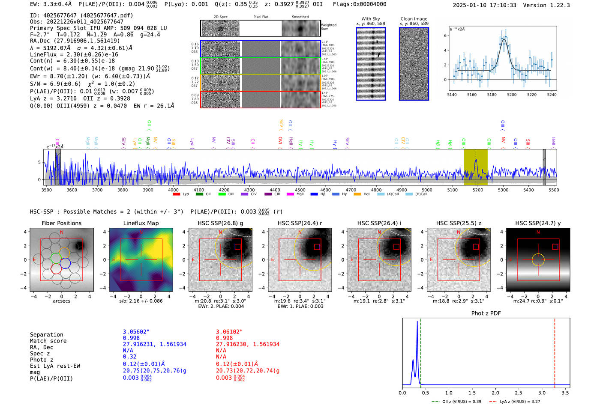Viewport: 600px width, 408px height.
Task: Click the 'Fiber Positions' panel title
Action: click(x=61, y=223)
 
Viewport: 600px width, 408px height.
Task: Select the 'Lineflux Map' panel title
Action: click(x=141, y=223)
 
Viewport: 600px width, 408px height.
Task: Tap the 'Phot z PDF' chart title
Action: click(x=486, y=313)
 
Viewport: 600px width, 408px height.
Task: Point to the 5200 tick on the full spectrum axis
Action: click(x=477, y=190)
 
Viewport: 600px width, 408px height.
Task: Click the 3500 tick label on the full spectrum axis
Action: click(x=47, y=190)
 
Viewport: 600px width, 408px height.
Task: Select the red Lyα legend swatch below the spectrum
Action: click(x=176, y=194)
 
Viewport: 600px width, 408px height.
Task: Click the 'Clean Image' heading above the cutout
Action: click(x=414, y=19)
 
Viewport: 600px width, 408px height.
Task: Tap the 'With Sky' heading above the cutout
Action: click(x=370, y=19)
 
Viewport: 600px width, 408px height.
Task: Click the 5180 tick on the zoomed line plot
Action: click(x=492, y=95)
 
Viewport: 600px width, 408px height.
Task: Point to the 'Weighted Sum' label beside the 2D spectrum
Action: click(x=328, y=27)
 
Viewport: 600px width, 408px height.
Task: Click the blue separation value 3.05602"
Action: click(x=136, y=332)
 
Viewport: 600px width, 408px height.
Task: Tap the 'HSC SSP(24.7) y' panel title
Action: click(x=538, y=223)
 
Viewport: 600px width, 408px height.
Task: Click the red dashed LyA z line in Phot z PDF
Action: click(x=555, y=351)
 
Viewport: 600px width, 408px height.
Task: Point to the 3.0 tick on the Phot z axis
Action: click(x=542, y=393)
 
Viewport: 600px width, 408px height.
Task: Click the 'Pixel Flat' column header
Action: click(x=261, y=17)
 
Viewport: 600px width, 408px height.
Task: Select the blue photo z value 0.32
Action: click(x=129, y=357)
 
